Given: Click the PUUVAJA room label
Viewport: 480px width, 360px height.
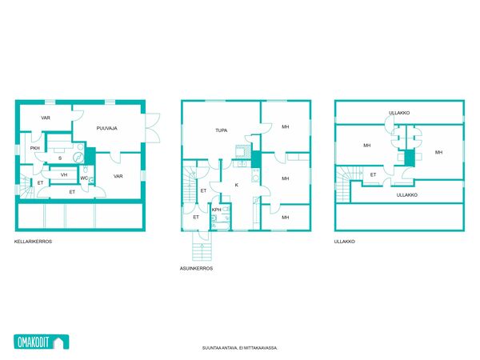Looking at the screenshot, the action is pos(107,128).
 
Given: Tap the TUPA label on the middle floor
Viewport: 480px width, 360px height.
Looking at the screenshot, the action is pos(222,130).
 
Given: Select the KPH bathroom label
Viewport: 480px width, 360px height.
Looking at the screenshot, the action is pos(217,210).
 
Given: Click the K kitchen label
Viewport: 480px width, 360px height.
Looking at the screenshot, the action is pos(236,185).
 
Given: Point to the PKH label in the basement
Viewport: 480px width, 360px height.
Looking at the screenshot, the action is pos(35,148).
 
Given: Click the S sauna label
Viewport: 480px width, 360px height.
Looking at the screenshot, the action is pos(60,158).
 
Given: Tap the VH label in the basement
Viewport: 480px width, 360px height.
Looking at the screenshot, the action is pos(64,174).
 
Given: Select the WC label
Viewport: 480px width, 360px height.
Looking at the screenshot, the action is pos(84,178).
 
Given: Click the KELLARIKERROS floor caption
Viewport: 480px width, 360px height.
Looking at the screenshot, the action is pos(33,242).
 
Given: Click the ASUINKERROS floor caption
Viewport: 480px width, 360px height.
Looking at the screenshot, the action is pos(196,269).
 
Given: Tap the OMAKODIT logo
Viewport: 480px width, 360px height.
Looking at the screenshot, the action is pos(42,342).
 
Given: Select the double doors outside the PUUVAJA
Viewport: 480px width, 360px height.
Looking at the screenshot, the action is pos(153,128).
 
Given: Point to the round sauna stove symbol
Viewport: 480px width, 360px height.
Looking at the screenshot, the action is pos(78,158).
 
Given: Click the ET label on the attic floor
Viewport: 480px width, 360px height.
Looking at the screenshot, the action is pos(373,174).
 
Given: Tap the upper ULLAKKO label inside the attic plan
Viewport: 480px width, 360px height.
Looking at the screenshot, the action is pos(399,113).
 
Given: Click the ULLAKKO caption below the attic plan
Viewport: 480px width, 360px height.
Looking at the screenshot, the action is pos(345,242).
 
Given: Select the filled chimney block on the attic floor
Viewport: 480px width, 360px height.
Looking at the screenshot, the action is pos(410,158).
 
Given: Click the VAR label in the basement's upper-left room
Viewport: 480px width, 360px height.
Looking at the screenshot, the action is pos(46,118).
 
